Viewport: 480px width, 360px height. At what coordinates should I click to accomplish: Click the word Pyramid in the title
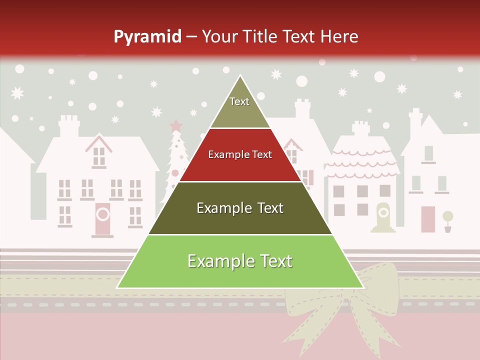pos(147,37)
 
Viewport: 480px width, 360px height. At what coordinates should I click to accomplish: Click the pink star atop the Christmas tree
pos(175,125)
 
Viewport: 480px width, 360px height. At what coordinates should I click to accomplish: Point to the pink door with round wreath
pos(102,218)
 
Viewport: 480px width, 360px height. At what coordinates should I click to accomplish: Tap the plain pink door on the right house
pos(428,219)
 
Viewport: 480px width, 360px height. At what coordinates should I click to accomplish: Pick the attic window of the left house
pos(99,156)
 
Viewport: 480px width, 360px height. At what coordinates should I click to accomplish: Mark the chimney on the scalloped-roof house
pos(361,128)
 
